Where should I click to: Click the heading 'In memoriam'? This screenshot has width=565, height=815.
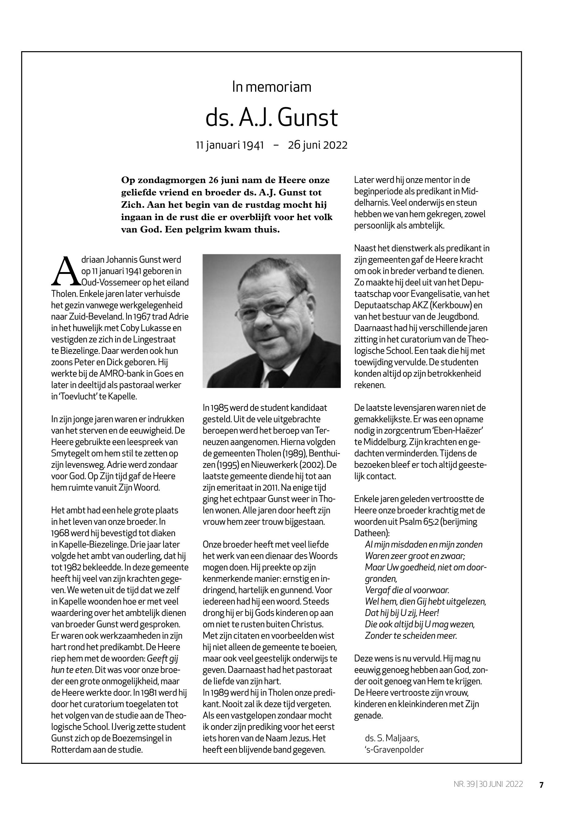coord(272,87)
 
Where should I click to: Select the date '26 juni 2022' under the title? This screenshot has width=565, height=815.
coord(318,145)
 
